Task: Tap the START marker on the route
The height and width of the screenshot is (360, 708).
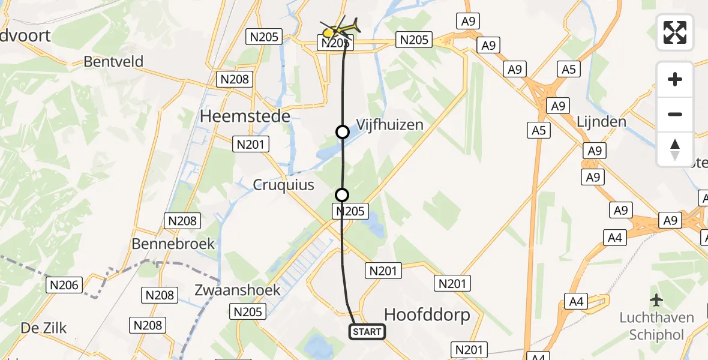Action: coord(367,332)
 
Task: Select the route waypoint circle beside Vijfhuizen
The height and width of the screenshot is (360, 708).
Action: coord(342,132)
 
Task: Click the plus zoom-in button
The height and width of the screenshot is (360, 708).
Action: coord(675,79)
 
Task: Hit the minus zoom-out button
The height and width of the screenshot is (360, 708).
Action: coord(675,114)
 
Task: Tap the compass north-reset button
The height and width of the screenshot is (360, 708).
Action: coord(675,149)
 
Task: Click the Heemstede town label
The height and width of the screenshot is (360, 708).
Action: coord(245,116)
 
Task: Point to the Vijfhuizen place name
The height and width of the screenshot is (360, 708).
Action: coord(390,125)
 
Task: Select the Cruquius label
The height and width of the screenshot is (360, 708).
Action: coord(283,185)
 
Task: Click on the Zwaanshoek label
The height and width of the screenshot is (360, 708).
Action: coord(238,290)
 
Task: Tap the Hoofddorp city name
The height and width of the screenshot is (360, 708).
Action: coord(427,315)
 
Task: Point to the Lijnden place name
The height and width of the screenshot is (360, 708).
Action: coord(601,122)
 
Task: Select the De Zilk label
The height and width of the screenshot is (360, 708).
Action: coord(44,328)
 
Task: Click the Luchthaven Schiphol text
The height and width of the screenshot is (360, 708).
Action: coord(656,326)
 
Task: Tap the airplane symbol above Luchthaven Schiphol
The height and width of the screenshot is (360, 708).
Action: coord(656,299)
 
